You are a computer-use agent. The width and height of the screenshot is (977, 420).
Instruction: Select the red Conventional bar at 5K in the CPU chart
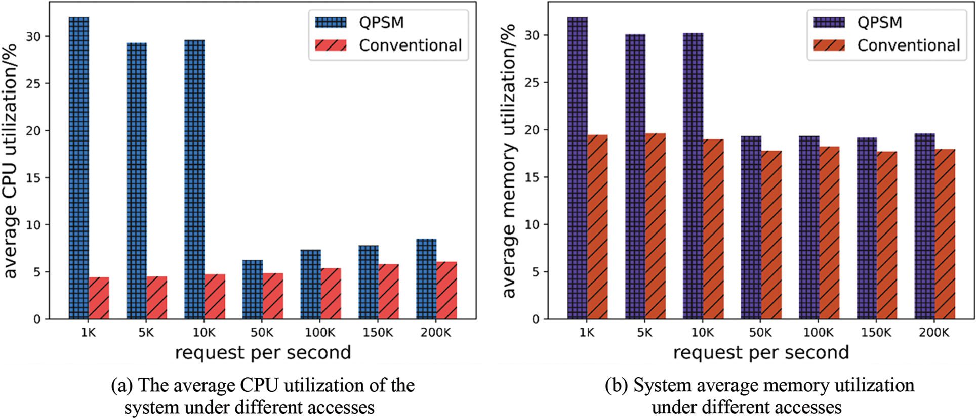click(x=157, y=298)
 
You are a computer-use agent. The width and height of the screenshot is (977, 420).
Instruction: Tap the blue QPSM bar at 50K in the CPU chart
click(x=253, y=290)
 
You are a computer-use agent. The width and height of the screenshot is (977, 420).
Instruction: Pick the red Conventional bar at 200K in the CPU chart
click(x=446, y=291)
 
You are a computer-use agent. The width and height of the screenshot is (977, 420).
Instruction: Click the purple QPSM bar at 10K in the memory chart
click(x=693, y=176)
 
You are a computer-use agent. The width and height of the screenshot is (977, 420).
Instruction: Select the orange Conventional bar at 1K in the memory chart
click(x=597, y=227)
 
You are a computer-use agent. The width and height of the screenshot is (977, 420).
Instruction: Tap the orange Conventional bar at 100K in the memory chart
click(x=829, y=233)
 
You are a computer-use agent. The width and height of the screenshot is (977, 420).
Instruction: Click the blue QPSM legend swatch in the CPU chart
click(x=331, y=22)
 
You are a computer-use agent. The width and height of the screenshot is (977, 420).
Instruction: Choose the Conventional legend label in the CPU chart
click(x=411, y=45)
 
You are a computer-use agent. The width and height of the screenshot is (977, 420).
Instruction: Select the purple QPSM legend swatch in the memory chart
click(x=829, y=22)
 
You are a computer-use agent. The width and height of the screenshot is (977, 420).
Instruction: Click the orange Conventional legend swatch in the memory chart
click(x=829, y=45)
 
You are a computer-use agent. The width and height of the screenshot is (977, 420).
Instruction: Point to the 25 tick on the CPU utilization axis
click(x=35, y=83)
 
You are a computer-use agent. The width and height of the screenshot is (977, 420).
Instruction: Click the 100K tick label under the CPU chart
click(x=320, y=333)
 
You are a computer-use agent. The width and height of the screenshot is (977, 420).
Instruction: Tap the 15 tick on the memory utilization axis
click(x=533, y=177)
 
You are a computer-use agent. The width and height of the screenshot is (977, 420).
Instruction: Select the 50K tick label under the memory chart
click(x=760, y=333)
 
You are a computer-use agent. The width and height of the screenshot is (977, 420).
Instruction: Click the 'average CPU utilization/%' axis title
click(x=11, y=161)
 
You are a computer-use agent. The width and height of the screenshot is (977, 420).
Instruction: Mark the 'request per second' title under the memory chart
click(x=761, y=353)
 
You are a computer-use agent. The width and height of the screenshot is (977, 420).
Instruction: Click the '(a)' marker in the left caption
click(x=121, y=386)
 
